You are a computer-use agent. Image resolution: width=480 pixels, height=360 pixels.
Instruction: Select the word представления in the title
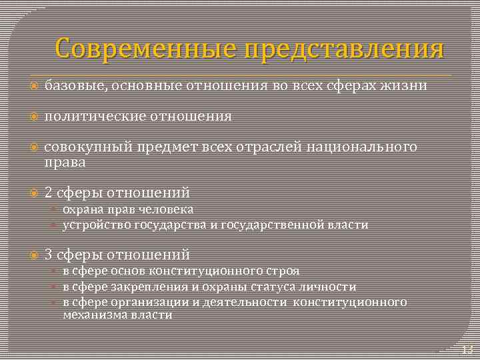[344, 49]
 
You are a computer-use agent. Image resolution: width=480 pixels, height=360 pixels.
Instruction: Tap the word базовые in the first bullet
[72, 85]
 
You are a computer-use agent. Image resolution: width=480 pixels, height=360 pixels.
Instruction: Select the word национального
[362, 147]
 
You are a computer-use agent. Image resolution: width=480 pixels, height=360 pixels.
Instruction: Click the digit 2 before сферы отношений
[49, 193]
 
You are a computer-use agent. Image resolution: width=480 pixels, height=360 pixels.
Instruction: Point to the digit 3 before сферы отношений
[49, 254]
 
